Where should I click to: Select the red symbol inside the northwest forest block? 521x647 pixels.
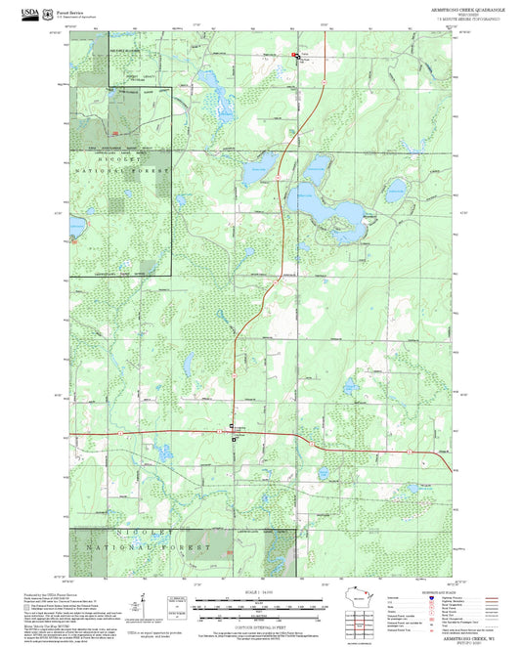click(x=114, y=133)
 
